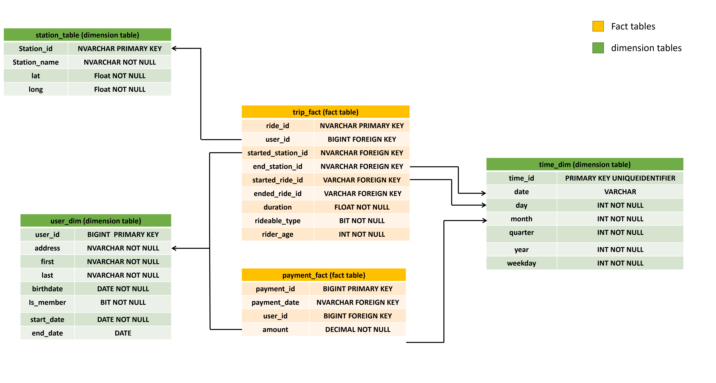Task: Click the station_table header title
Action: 87,35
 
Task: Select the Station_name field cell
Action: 36,62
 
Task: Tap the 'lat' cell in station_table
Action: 36,76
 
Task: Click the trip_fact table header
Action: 325,112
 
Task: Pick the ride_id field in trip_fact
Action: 277,126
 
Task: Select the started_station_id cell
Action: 277,153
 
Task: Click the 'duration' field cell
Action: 277,207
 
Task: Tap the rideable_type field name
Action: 277,221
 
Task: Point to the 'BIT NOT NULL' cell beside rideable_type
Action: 362,221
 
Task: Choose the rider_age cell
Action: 277,234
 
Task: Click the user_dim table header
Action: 96,221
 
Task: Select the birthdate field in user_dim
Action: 47,289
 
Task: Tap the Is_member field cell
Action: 47,302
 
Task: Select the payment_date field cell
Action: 275,302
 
